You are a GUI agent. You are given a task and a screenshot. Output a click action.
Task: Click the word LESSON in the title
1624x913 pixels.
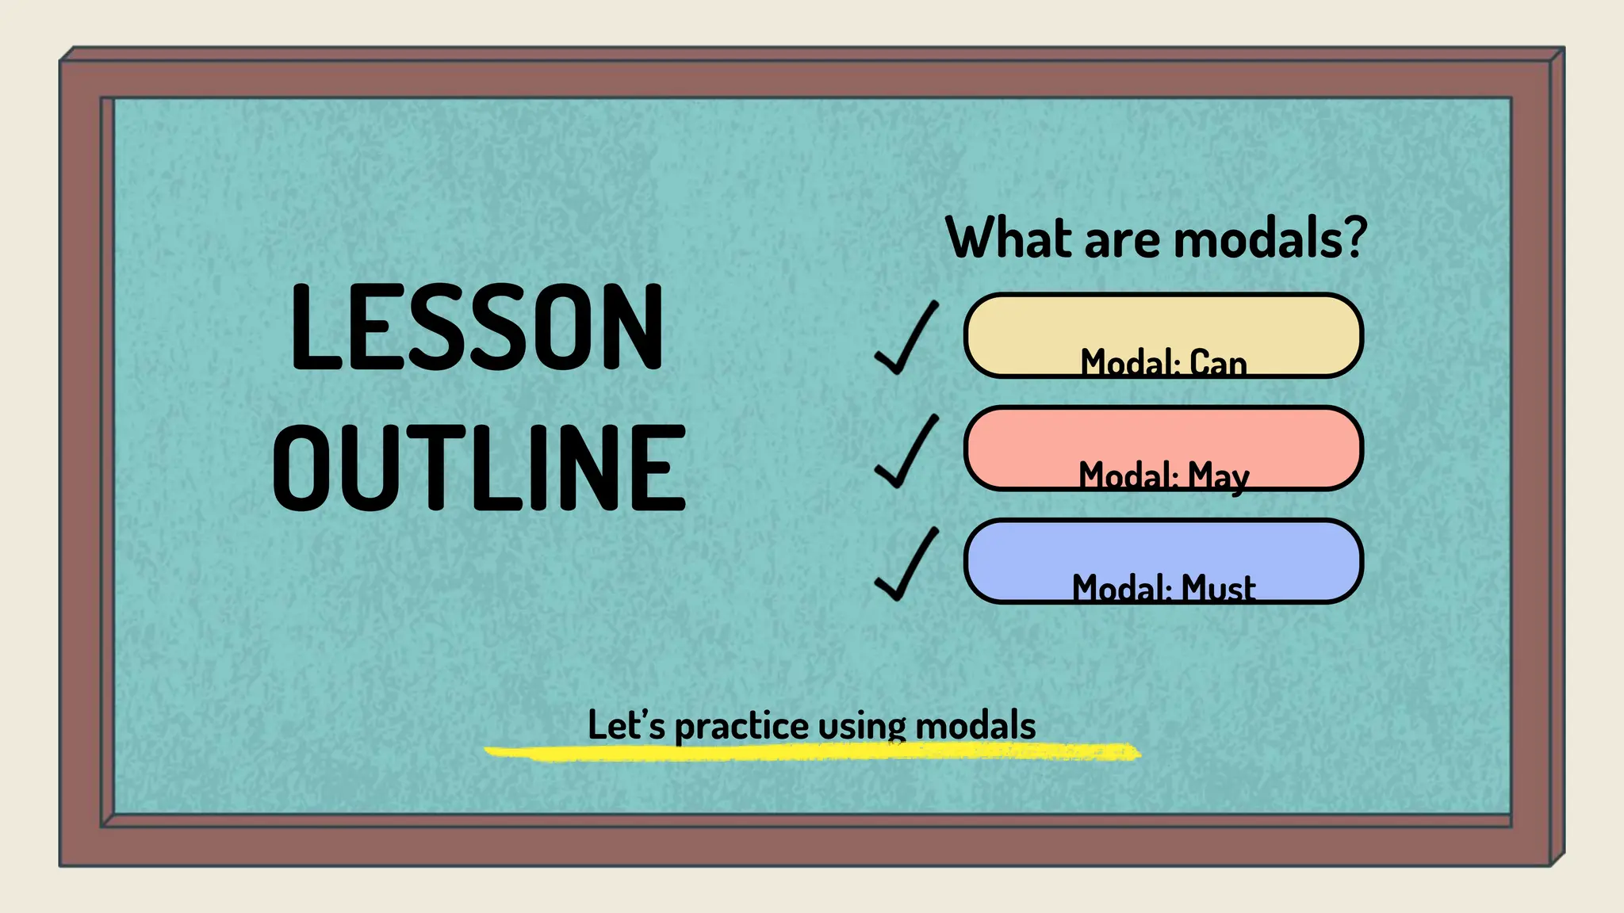click(x=477, y=327)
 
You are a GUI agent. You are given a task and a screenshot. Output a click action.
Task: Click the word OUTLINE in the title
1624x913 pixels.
click(x=479, y=468)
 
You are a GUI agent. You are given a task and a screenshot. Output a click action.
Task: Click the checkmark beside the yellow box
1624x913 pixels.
click(x=906, y=338)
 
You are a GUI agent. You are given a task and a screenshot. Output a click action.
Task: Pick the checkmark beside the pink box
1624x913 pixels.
click(x=906, y=451)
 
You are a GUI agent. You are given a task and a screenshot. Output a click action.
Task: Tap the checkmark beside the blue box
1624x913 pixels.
click(x=906, y=564)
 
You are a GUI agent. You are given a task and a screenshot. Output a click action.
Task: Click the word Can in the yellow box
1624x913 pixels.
click(x=1218, y=363)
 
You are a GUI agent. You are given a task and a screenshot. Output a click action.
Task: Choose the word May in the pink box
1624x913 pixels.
click(x=1218, y=476)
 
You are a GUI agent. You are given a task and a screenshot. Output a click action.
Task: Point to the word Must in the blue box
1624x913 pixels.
click(x=1218, y=589)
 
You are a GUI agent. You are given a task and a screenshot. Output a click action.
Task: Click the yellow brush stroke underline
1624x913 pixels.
click(x=812, y=752)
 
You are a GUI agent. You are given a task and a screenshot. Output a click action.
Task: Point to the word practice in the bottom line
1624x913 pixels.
click(x=741, y=727)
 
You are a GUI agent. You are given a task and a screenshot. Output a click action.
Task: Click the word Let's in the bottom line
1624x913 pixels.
click(x=626, y=725)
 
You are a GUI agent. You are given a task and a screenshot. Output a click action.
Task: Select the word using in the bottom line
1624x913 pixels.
click(x=862, y=727)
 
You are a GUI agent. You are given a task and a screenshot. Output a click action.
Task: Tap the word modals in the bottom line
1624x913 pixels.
click(x=975, y=725)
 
